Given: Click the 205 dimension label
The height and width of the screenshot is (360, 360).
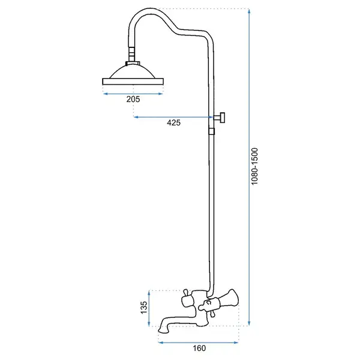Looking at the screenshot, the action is pyautogui.click(x=133, y=99).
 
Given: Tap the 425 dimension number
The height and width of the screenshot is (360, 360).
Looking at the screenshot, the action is pyautogui.click(x=173, y=122).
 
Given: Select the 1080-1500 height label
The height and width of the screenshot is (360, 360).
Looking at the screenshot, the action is pyautogui.click(x=254, y=166).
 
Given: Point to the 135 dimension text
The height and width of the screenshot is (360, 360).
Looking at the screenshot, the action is pyautogui.click(x=144, y=307).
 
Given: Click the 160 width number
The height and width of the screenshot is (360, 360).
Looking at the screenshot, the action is pyautogui.click(x=199, y=348).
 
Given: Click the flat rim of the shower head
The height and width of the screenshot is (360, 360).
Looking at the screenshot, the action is pyautogui.click(x=133, y=82).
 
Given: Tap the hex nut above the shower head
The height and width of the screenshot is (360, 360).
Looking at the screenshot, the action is pyautogui.click(x=133, y=64).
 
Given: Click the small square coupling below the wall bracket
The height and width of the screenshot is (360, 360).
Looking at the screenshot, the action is pyautogui.click(x=211, y=131).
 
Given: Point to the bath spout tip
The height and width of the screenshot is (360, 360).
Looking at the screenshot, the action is pyautogui.click(x=163, y=330).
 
